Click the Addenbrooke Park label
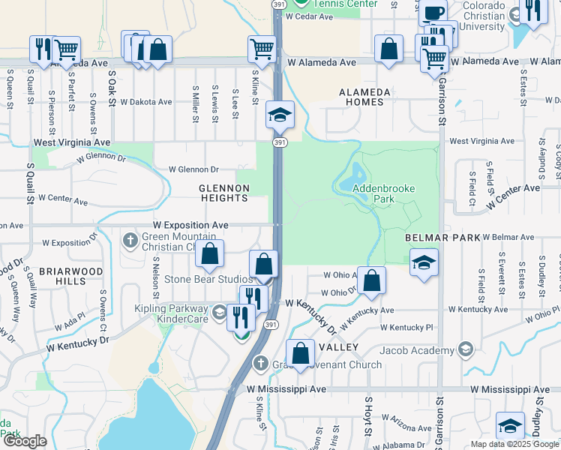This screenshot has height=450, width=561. coord(373,194)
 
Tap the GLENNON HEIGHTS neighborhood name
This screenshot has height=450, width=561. coord(223,193)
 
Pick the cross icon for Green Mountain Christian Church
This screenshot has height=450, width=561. coord(129,240)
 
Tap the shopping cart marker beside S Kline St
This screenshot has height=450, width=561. coord(262,49)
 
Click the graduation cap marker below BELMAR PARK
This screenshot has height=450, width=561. coord(424,262)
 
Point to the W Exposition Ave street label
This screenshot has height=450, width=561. coord(190,225)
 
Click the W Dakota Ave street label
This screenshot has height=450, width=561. coord(146,101)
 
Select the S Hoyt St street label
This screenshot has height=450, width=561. coord(369,416)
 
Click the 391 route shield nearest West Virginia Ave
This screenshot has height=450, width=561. coord(279,142)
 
